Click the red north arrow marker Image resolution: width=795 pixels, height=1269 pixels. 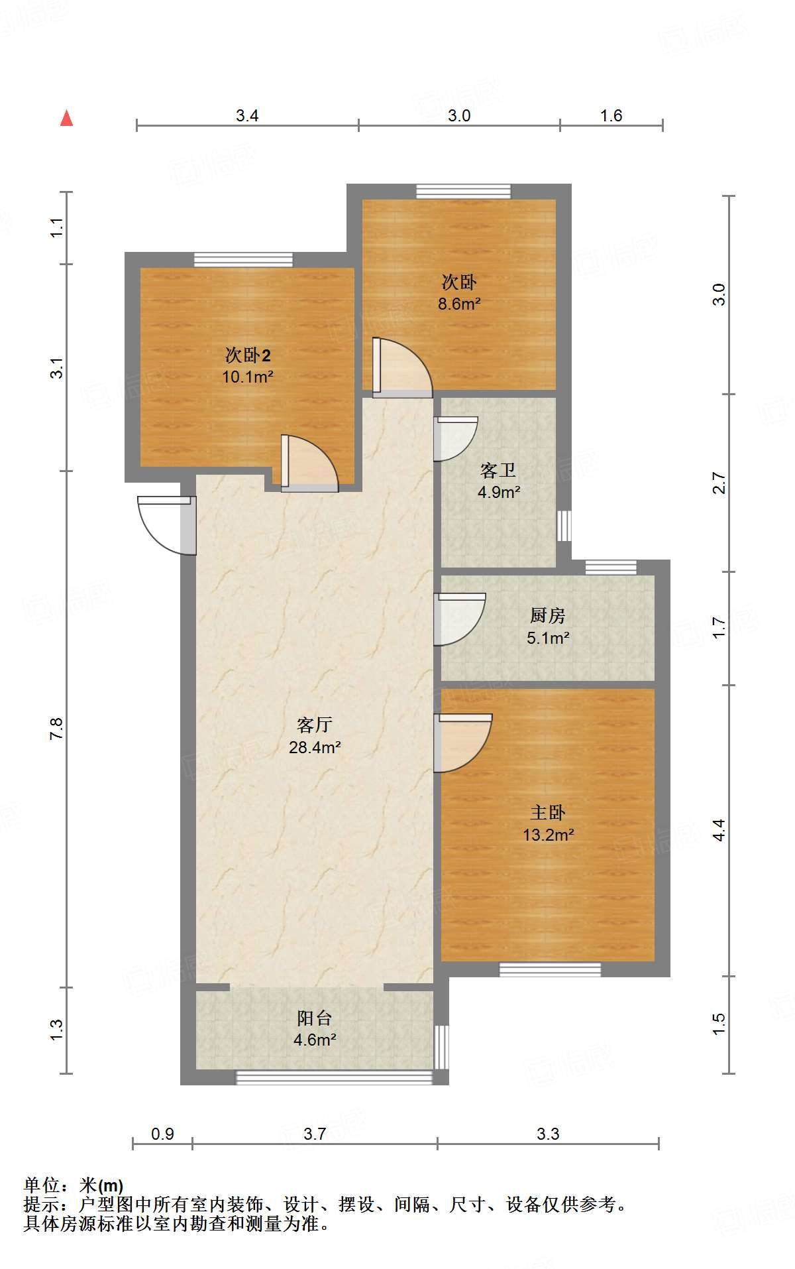pos(66,118)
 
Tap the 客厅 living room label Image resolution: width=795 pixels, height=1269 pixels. pos(314,725)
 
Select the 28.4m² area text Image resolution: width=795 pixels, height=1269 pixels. pos(315,747)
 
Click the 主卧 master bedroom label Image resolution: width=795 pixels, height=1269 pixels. pos(548,812)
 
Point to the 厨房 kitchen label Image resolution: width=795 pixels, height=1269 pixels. pos(548,616)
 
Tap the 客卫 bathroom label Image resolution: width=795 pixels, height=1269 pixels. pos(498,471)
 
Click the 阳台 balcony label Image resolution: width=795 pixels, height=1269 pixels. pos(314,1018)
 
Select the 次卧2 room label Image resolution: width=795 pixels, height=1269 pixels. pos(248,355)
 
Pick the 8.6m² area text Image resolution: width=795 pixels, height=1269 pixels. pos(459,304)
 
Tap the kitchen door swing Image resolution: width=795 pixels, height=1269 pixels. pos(460,619)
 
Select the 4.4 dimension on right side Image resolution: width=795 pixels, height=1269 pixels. pos(719,830)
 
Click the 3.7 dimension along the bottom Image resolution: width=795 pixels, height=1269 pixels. pos(315,1134)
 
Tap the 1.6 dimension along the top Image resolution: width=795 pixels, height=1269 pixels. pos(611,115)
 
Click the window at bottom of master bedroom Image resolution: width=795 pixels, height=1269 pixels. pos(550,969)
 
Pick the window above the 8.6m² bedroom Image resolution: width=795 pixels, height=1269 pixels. pos(464,191)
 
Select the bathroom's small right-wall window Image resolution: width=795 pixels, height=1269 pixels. pos(564,526)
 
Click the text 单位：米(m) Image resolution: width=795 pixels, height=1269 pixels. pos(74,1185)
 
